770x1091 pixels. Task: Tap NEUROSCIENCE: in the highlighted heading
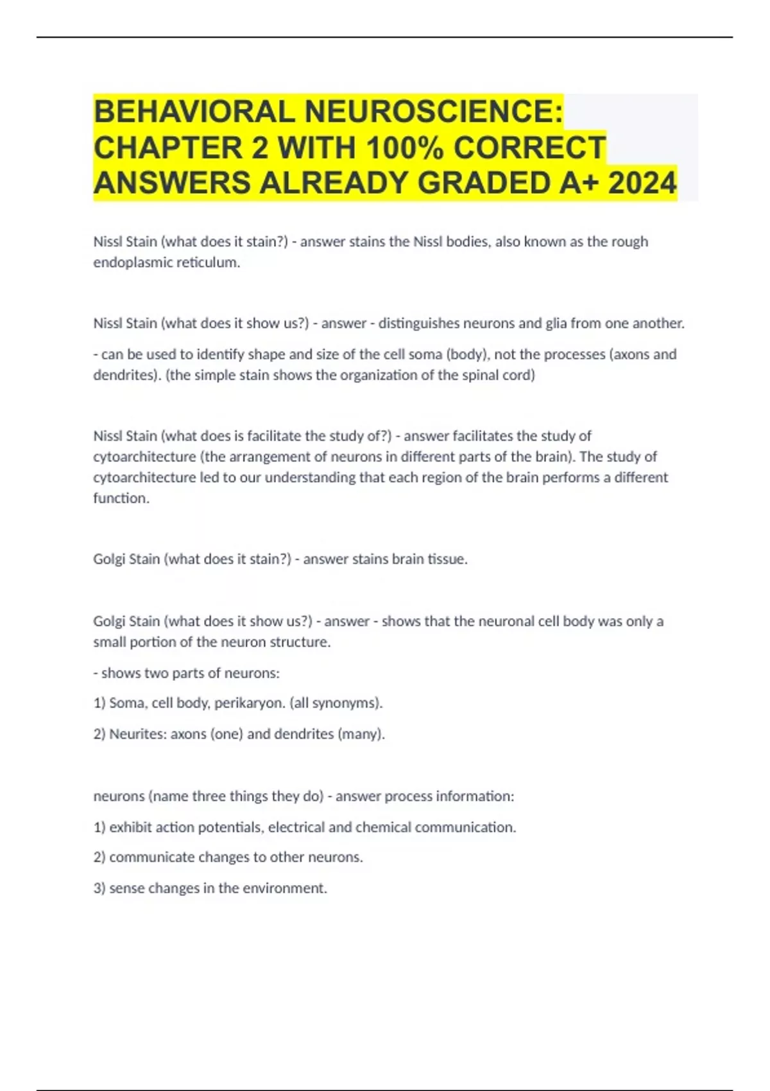click(434, 112)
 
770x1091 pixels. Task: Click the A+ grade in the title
click(579, 184)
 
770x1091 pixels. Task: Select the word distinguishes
click(419, 323)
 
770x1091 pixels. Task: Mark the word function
click(121, 498)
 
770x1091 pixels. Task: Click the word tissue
click(447, 559)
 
